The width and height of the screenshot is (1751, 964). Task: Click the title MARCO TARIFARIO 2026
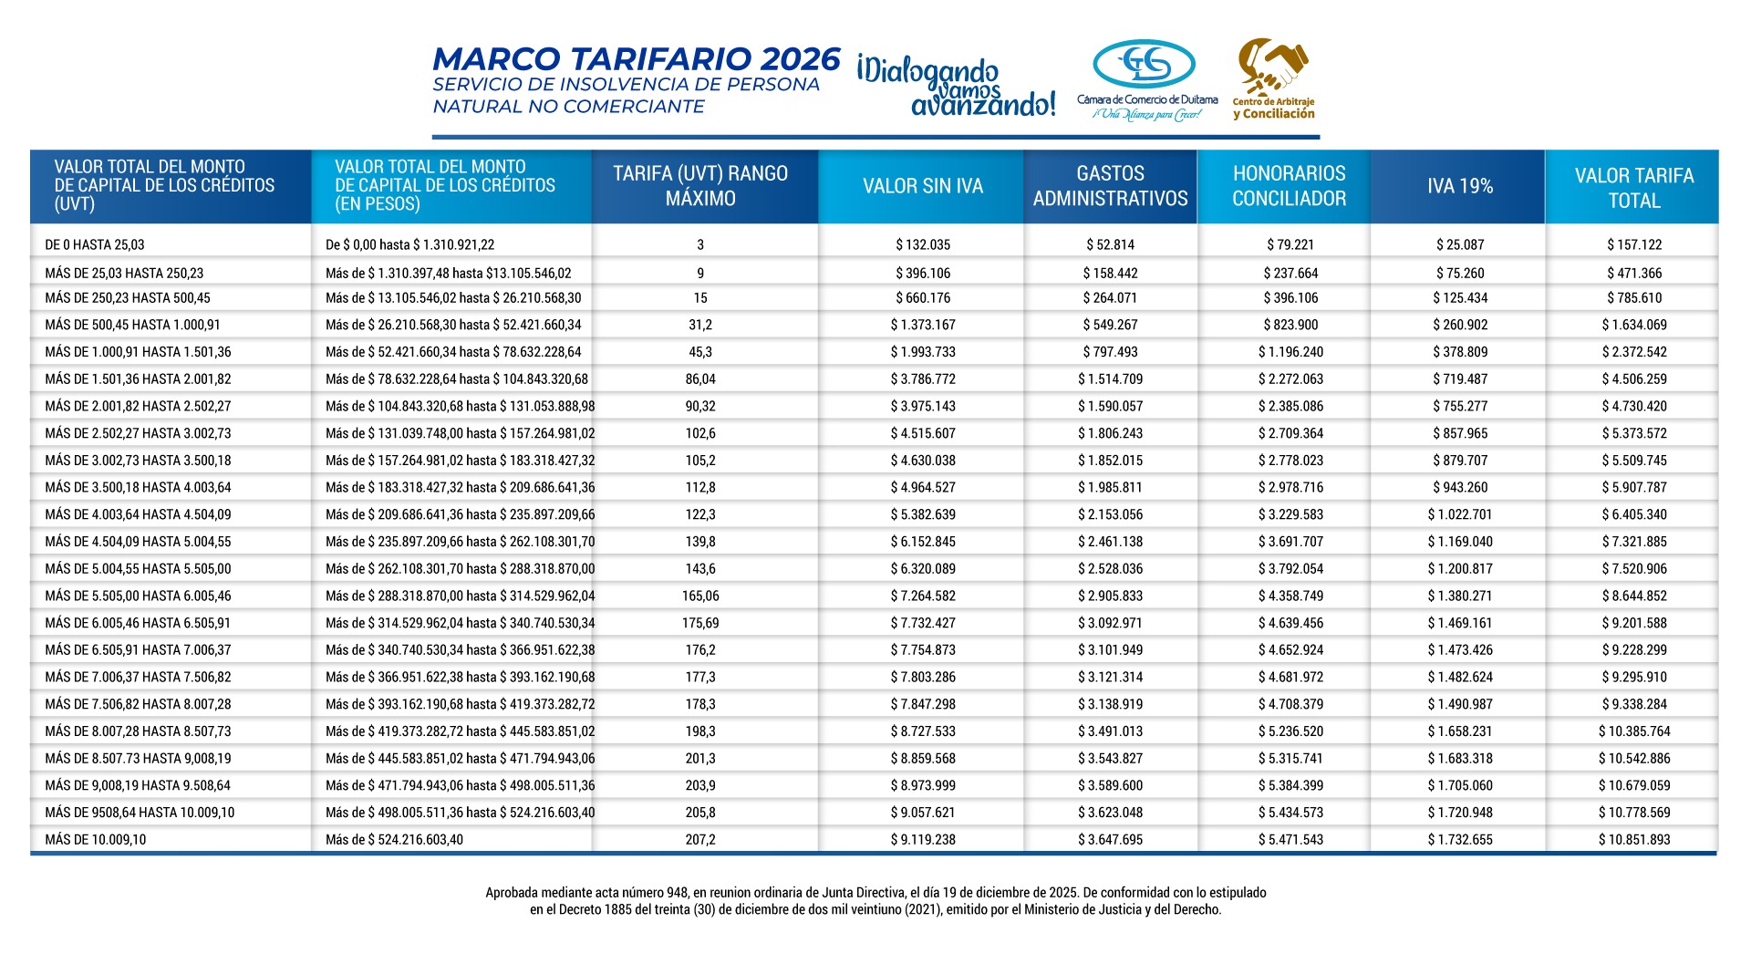[636, 59]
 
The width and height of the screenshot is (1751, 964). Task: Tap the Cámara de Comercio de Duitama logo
[1146, 80]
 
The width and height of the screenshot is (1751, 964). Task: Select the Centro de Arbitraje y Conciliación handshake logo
[1274, 78]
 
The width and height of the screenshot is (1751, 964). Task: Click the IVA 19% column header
[1459, 186]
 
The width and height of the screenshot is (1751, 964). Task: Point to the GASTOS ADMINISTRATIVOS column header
[1110, 186]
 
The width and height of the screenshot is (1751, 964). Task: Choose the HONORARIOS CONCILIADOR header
[1289, 186]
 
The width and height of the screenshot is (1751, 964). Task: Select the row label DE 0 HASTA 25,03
[95, 245]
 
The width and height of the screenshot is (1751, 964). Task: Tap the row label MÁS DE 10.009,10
[96, 840]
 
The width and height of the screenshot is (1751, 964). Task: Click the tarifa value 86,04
[700, 379]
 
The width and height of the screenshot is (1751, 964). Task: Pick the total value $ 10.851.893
[1633, 840]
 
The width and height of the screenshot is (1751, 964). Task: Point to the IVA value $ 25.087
[1460, 245]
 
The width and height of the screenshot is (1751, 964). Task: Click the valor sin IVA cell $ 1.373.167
[923, 326]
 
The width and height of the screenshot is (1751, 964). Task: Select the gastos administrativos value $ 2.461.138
[1110, 542]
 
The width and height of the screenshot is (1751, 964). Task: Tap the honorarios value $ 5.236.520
[1290, 731]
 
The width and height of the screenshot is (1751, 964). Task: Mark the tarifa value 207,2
[700, 840]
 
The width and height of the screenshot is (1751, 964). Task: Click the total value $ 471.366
[1634, 274]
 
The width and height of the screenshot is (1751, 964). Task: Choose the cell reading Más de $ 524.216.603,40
[394, 840]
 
